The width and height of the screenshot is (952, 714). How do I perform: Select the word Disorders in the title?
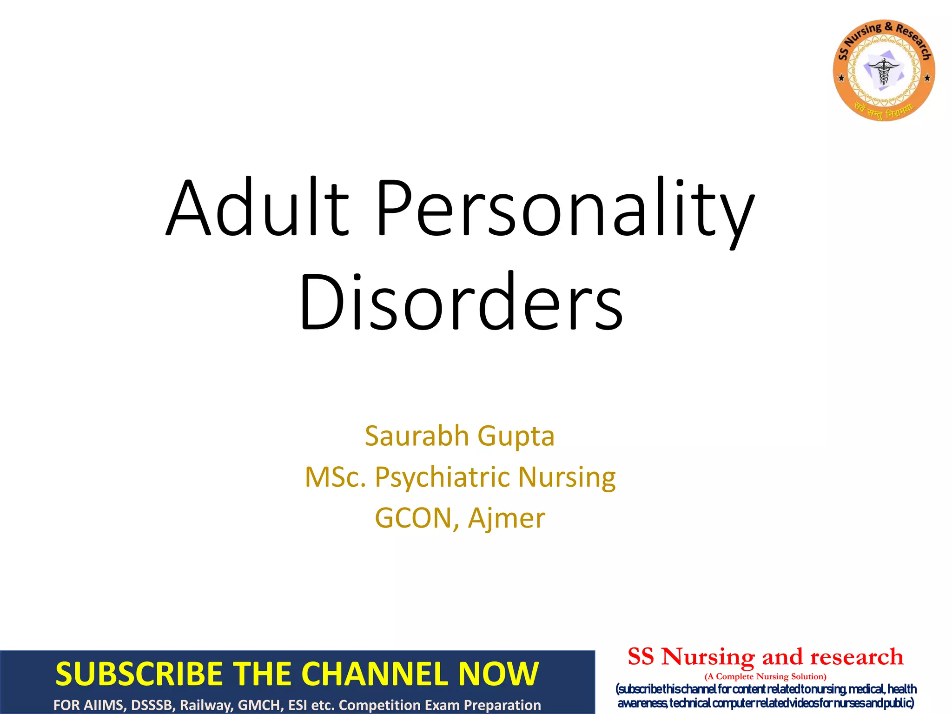point(460,302)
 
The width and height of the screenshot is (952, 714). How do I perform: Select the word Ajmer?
point(507,519)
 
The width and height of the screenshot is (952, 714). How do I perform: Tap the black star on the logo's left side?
point(841,78)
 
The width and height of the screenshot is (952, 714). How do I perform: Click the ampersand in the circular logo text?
point(888,27)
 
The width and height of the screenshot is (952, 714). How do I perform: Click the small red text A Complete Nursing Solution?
point(765,676)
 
